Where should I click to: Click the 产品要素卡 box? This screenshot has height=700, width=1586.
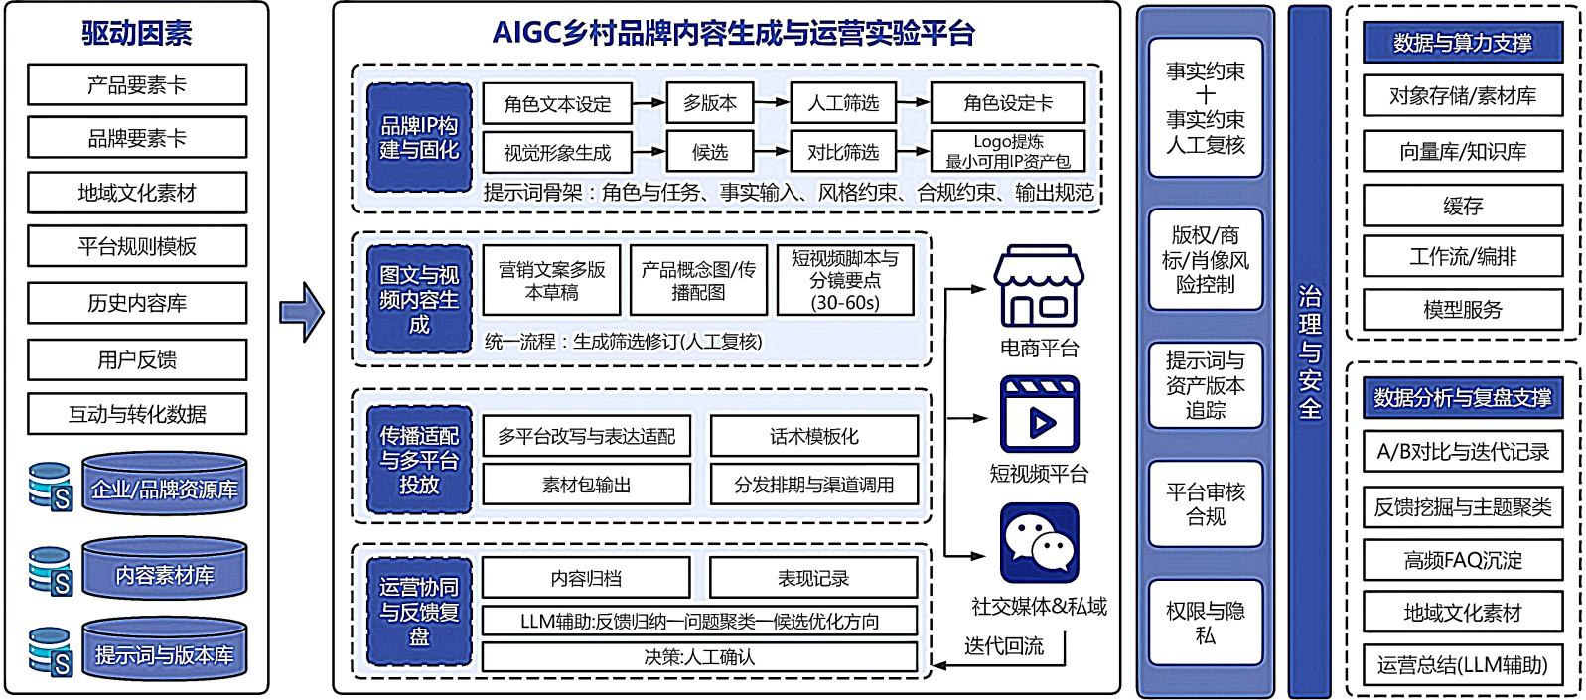pos(137,85)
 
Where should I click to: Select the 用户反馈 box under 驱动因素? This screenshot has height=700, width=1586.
pos(137,359)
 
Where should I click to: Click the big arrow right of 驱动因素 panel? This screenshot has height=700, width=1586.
pos(302,312)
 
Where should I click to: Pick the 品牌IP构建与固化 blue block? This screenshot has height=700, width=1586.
pos(419,137)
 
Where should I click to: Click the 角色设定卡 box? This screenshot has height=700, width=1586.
pos(1007,103)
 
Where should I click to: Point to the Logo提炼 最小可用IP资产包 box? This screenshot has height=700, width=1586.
pos(1007,152)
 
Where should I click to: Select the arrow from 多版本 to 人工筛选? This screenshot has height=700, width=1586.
pos(772,102)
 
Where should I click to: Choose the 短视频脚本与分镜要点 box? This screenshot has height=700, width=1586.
pos(845,280)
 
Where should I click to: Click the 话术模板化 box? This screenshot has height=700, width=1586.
pos(813,436)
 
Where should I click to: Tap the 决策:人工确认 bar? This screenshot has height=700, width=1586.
pos(699,657)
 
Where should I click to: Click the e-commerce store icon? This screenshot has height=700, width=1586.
pos(1039,287)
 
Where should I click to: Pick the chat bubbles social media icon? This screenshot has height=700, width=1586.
pos(1039,542)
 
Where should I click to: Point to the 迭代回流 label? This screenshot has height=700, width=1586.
pos(1003,646)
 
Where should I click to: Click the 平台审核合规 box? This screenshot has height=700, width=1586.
pos(1205,504)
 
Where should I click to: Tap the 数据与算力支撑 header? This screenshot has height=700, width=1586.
pos(1462,43)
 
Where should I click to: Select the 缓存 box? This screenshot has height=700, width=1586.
pos(1462,206)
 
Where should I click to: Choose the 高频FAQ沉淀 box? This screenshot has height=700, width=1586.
pos(1462,560)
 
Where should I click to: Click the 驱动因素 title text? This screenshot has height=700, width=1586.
pos(137,33)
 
